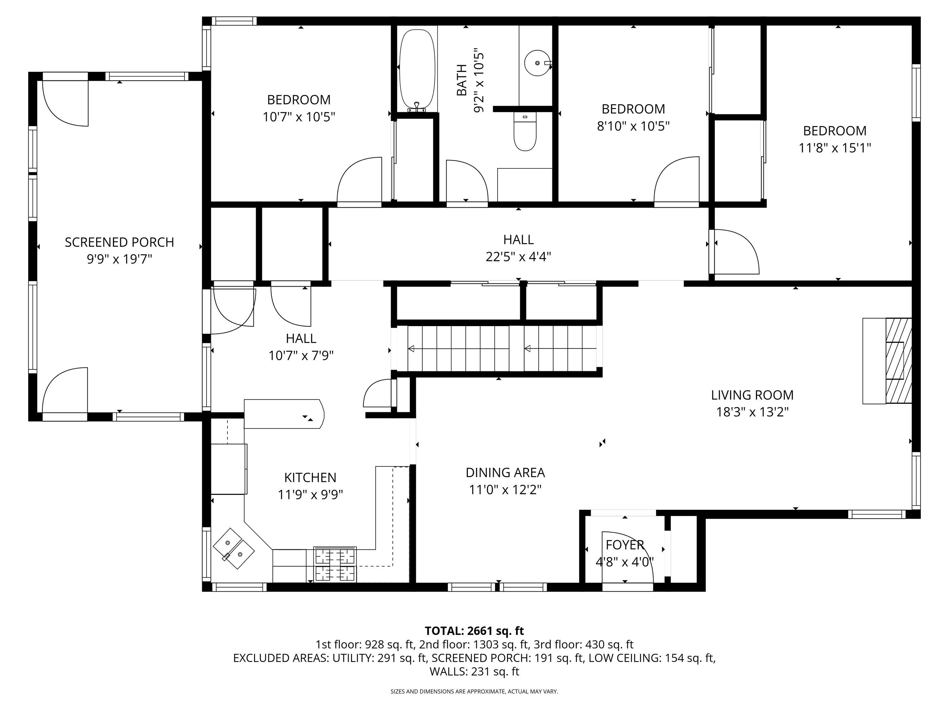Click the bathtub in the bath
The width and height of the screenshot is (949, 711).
pos(414,69)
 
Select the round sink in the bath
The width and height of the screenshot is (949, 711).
pos(537,63)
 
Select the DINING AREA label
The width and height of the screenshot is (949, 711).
pos(505,472)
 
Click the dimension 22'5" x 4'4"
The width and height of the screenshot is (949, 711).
pos(518,257)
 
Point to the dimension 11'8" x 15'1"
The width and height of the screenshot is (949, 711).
pos(834,148)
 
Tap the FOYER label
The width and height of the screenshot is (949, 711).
pos(625,545)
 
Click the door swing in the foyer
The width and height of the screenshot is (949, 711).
pos(631,557)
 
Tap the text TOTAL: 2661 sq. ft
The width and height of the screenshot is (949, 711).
pos(474,631)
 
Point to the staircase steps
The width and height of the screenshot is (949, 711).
pos(498,349)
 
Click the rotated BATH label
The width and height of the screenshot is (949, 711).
pos(462,80)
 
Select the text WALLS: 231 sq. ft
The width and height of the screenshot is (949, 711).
pos(474,671)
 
